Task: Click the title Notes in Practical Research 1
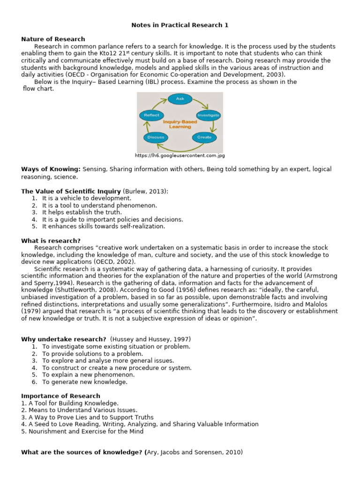point(180,25)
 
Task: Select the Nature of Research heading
point(53,39)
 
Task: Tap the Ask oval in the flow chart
point(180,99)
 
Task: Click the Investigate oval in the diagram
point(208,115)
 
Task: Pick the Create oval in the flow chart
point(204,137)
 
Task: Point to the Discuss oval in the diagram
point(155,137)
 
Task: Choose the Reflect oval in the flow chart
point(151,115)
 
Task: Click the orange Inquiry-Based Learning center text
point(180,124)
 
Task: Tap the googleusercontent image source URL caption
point(180,156)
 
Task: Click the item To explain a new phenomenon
point(88,375)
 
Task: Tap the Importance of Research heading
point(60,396)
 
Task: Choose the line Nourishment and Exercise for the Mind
point(82,431)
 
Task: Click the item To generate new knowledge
point(84,382)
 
